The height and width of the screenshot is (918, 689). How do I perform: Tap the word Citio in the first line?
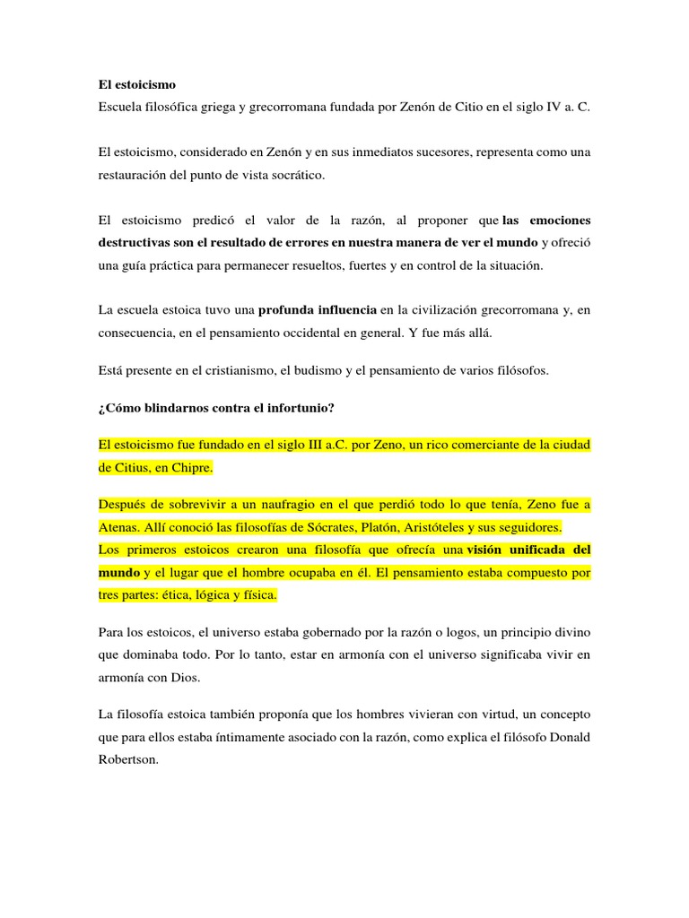click(x=466, y=107)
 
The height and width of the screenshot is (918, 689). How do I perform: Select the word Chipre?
click(x=189, y=468)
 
